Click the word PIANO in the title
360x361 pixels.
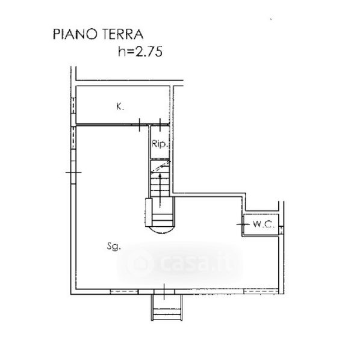75,34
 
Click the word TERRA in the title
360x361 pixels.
123,34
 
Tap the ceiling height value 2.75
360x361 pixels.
149,52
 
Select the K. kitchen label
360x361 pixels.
120,106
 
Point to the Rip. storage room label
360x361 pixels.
160,144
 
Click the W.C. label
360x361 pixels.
264,224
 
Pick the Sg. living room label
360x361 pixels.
114,246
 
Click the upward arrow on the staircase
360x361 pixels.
160,191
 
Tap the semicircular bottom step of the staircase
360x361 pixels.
162,230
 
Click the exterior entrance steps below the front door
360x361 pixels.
167,307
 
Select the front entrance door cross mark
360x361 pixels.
164,291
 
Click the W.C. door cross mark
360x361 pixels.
243,224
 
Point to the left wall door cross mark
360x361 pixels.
73,172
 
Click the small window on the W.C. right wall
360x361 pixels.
281,230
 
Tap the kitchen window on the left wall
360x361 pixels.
73,105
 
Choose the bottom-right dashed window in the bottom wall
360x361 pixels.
261,292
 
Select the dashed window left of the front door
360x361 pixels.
124,292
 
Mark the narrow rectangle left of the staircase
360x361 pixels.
149,212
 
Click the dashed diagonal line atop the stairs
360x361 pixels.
161,167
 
